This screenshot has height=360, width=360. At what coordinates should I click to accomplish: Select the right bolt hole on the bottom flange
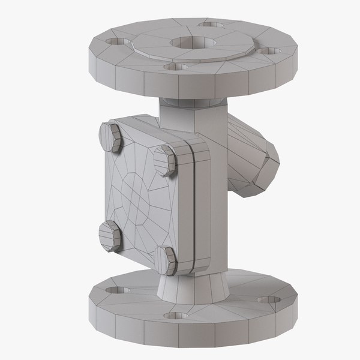(266, 299)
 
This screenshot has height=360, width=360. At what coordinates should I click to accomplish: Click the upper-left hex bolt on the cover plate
(111, 137)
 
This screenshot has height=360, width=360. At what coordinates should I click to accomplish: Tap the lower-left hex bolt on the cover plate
(110, 235)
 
